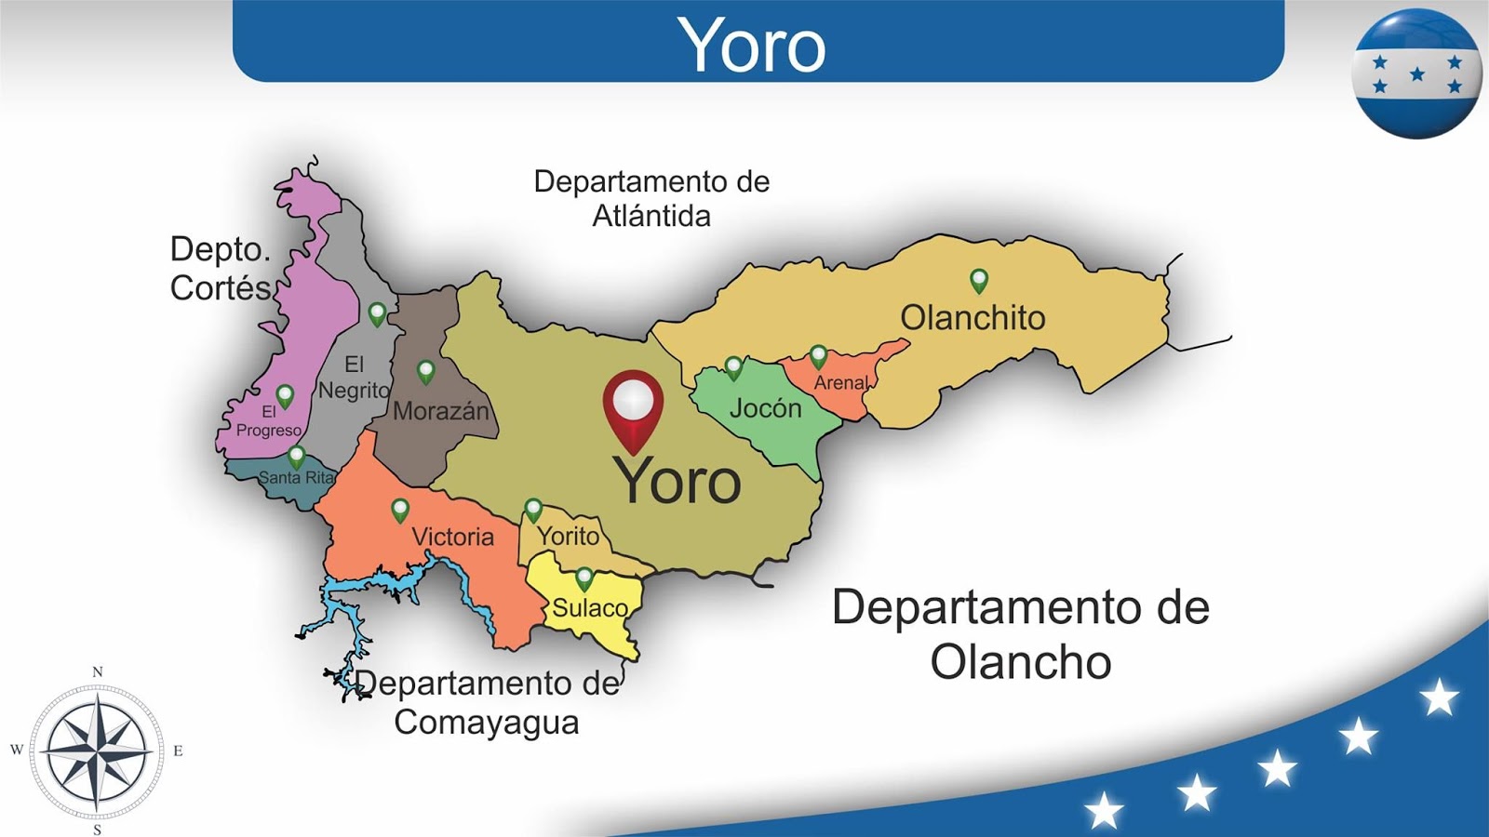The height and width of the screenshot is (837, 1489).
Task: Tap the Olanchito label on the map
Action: pos(973,318)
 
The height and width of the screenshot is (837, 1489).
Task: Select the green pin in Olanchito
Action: pos(978,280)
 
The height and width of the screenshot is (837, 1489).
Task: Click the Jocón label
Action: pos(765,407)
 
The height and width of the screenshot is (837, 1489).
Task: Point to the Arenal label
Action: pos(840,382)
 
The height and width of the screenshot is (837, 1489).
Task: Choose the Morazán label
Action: pos(440,410)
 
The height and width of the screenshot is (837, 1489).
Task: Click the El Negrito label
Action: pos(354,377)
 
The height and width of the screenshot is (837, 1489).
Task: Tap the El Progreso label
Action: pos(268,421)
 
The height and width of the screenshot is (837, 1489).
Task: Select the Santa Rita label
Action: pos(296,477)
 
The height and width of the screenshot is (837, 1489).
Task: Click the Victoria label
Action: pos(452,537)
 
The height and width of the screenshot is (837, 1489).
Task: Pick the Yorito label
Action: pos(568,536)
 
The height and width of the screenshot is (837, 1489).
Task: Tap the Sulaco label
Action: pos(590,608)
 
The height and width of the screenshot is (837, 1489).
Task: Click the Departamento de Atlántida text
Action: pos(651,198)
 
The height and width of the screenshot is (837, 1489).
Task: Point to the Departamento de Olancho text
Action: pos(1020,634)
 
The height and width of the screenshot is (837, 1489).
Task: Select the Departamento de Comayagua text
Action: pos(487,702)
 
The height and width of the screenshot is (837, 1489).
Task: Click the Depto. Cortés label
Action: pos(221,268)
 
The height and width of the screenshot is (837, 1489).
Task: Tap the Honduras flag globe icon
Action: pos(1416,73)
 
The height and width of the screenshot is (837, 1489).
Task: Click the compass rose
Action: pos(97,750)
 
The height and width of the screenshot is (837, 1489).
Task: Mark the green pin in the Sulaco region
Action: pos(584,578)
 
